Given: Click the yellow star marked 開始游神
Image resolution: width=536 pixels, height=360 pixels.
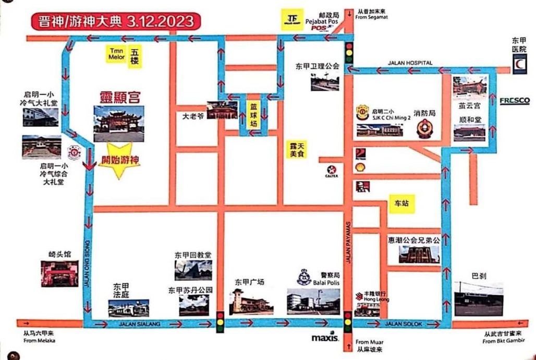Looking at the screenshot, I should coord(120,161).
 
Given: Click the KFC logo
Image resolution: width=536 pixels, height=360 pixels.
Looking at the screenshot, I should coord(359,187).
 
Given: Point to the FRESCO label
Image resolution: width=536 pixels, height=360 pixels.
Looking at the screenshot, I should coord(515,100).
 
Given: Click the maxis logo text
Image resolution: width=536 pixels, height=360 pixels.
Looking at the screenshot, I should coord(325,338).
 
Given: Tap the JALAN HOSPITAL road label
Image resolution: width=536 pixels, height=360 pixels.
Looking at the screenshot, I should coord(410,63).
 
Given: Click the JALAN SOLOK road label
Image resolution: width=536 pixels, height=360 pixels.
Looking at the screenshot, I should coord(400,324).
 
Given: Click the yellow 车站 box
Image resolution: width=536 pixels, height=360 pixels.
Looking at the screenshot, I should coord(401,204).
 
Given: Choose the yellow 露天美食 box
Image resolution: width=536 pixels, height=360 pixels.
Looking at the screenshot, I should coord(299,149).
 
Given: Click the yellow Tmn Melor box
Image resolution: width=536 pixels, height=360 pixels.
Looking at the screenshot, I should coord(116,54).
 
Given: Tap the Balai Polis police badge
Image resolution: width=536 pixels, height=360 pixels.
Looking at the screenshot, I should coord(304,277).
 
